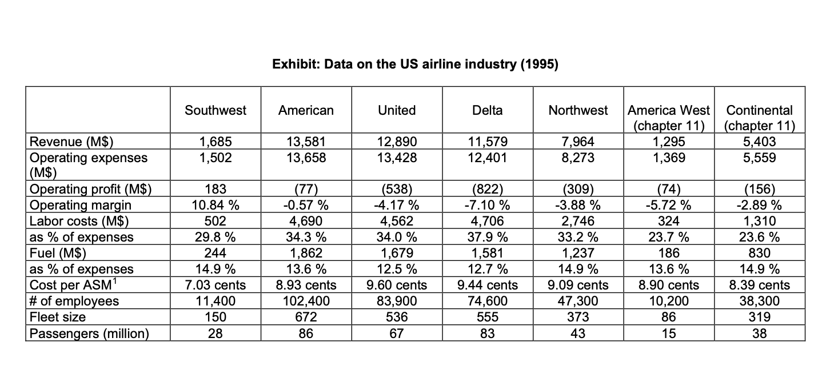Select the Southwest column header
coord(216,110)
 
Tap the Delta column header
coord(488,110)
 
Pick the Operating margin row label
coord(80,205)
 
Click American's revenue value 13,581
coord(306,142)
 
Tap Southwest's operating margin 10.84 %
coord(216,205)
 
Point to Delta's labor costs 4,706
coord(488,221)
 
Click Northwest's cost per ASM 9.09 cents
coord(578,284)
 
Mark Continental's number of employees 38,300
coord(759,300)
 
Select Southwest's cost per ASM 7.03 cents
coord(216,284)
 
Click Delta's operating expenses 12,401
coord(488,158)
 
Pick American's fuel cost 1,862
coord(306,252)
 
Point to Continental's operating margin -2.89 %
coord(759,205)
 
